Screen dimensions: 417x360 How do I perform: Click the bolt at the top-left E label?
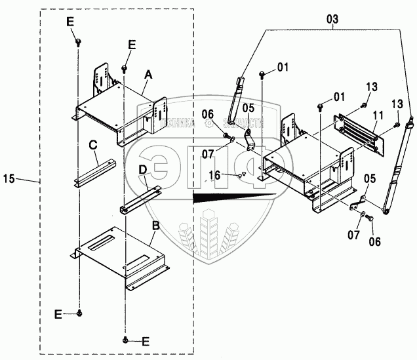tap(78, 42)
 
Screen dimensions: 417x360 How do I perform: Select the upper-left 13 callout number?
tap(371, 87)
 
